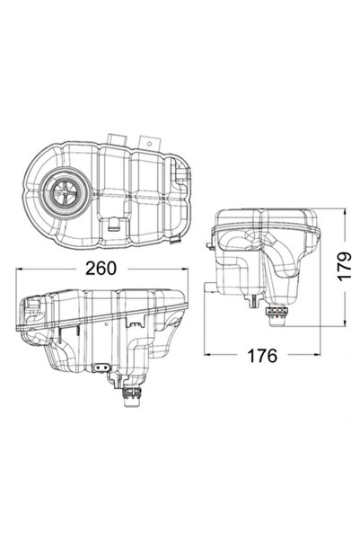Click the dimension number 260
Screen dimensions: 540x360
coord(102,266)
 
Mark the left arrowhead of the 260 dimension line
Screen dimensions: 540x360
coord(22,281)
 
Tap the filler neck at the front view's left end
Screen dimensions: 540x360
coord(31,310)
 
